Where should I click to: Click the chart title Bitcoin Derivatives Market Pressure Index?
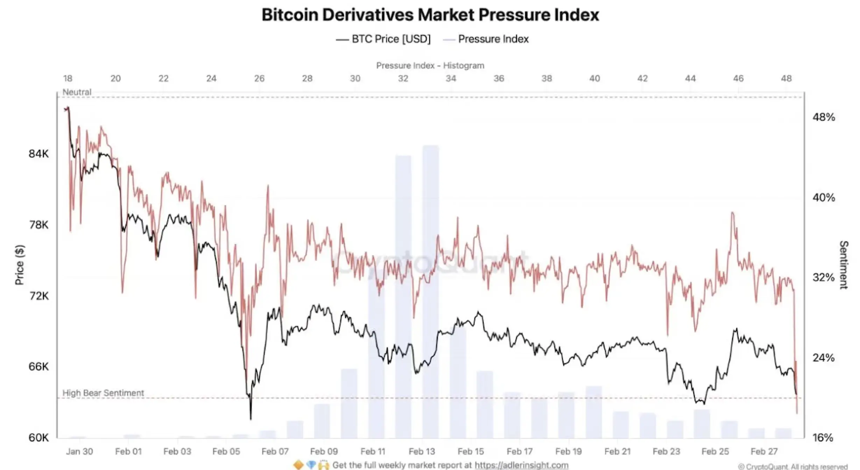tap(430, 15)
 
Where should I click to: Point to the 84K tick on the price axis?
tap(38, 154)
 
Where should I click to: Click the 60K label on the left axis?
tap(38, 437)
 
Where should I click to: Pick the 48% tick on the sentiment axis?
tap(823, 117)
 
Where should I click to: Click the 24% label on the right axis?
tap(823, 358)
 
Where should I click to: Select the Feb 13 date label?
tap(422, 451)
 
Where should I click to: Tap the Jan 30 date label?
tap(79, 451)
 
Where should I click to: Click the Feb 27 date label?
tap(764, 451)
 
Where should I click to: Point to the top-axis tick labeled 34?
tap(451, 78)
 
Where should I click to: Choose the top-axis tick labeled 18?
tap(68, 78)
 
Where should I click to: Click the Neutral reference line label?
tap(77, 92)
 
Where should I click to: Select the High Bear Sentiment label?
tap(103, 393)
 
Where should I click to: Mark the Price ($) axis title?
tap(20, 265)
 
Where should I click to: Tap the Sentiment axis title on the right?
tap(844, 265)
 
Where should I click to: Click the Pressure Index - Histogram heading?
tap(430, 65)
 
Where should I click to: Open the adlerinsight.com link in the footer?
tap(521, 465)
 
